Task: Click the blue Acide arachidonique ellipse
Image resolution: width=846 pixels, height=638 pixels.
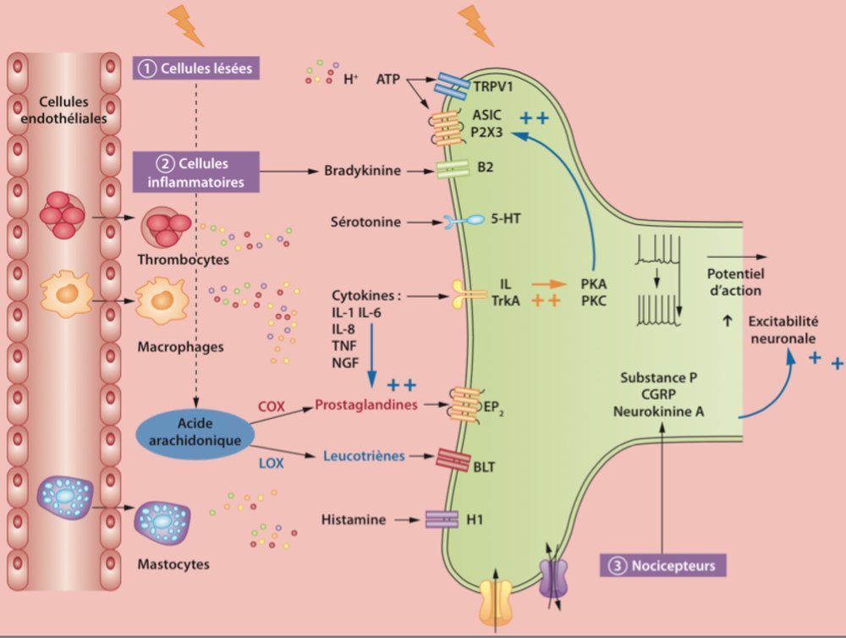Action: [195, 432]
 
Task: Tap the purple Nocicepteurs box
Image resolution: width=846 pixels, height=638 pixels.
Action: [663, 564]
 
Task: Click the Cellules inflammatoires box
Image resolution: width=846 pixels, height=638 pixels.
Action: [195, 170]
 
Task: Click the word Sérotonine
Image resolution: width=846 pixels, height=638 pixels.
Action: [365, 222]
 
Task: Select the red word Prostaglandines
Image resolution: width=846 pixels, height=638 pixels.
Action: [366, 405]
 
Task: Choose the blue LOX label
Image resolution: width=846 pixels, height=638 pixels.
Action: [272, 464]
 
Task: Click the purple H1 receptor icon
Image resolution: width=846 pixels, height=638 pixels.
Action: [442, 519]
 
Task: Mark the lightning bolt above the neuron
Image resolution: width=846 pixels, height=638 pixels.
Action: [475, 25]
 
